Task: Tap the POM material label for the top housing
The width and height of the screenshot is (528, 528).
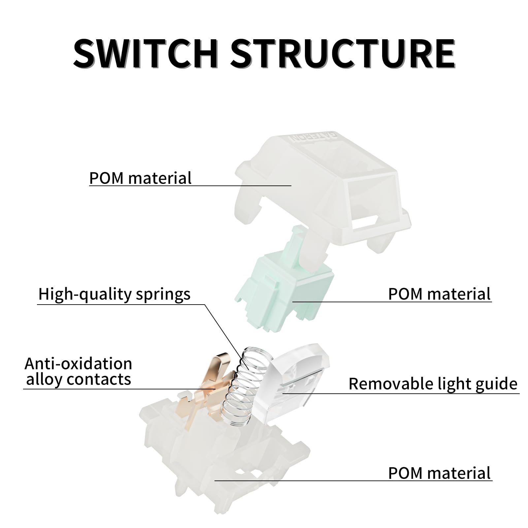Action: [x=140, y=178]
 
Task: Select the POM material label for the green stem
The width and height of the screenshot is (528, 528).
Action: [x=439, y=294]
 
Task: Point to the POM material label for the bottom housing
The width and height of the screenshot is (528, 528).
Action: [x=439, y=473]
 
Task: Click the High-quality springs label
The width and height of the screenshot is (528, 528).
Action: [x=114, y=294]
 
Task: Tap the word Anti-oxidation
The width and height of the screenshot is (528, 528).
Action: [x=78, y=364]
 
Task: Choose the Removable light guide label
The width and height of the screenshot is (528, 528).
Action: [x=433, y=383]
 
